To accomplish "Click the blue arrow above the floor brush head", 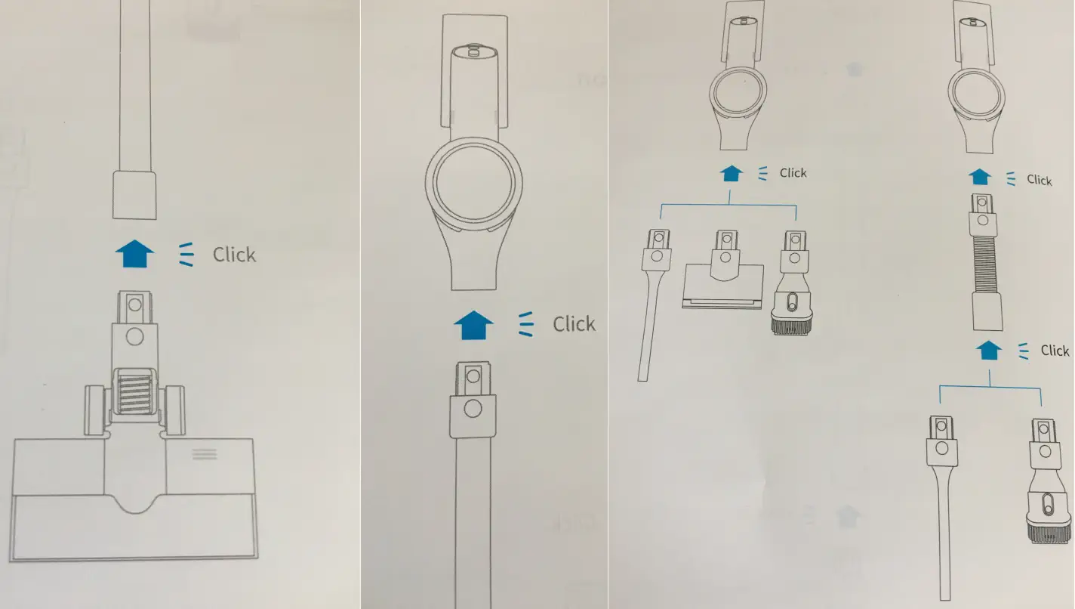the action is point(135,254).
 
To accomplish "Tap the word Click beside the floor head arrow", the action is point(234,255).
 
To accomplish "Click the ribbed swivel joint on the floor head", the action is point(135,392).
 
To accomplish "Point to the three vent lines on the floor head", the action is point(205,454).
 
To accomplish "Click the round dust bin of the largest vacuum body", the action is point(473,184).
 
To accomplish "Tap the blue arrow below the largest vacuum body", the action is point(473,325).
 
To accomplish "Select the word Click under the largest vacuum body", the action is point(574,324).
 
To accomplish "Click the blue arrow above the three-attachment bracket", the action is point(732,173).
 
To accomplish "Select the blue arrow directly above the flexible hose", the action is point(980,177).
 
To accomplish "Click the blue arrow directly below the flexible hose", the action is point(989,350).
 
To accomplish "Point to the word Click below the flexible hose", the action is point(1055,351).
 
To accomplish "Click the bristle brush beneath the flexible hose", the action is point(1048,481).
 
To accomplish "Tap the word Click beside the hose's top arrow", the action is point(1039,180).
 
